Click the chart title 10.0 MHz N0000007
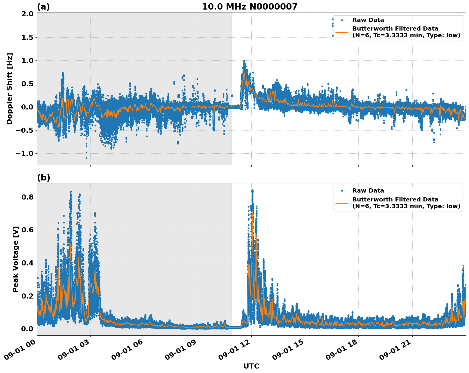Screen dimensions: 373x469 coord(249,7)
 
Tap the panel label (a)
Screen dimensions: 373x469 coord(43,7)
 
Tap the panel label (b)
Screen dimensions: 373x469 coord(43,178)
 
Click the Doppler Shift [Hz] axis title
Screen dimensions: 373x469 coord(10,88)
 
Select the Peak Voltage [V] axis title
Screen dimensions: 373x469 coord(16,259)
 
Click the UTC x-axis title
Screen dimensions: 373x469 coord(251,366)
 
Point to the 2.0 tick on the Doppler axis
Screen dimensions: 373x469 coord(27,14)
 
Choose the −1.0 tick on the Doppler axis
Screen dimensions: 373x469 coord(25,154)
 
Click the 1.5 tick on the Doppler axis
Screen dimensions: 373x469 coord(27,37)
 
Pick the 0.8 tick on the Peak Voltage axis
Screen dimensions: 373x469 coord(27,197)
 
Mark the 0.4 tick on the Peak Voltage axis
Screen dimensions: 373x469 coord(27,263)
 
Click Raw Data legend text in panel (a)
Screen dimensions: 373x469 coord(368,20)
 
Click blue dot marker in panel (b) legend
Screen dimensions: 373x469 coord(342,191)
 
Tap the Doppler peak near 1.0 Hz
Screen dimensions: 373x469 coord(244,60)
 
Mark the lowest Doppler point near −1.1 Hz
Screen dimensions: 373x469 coord(86,158)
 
